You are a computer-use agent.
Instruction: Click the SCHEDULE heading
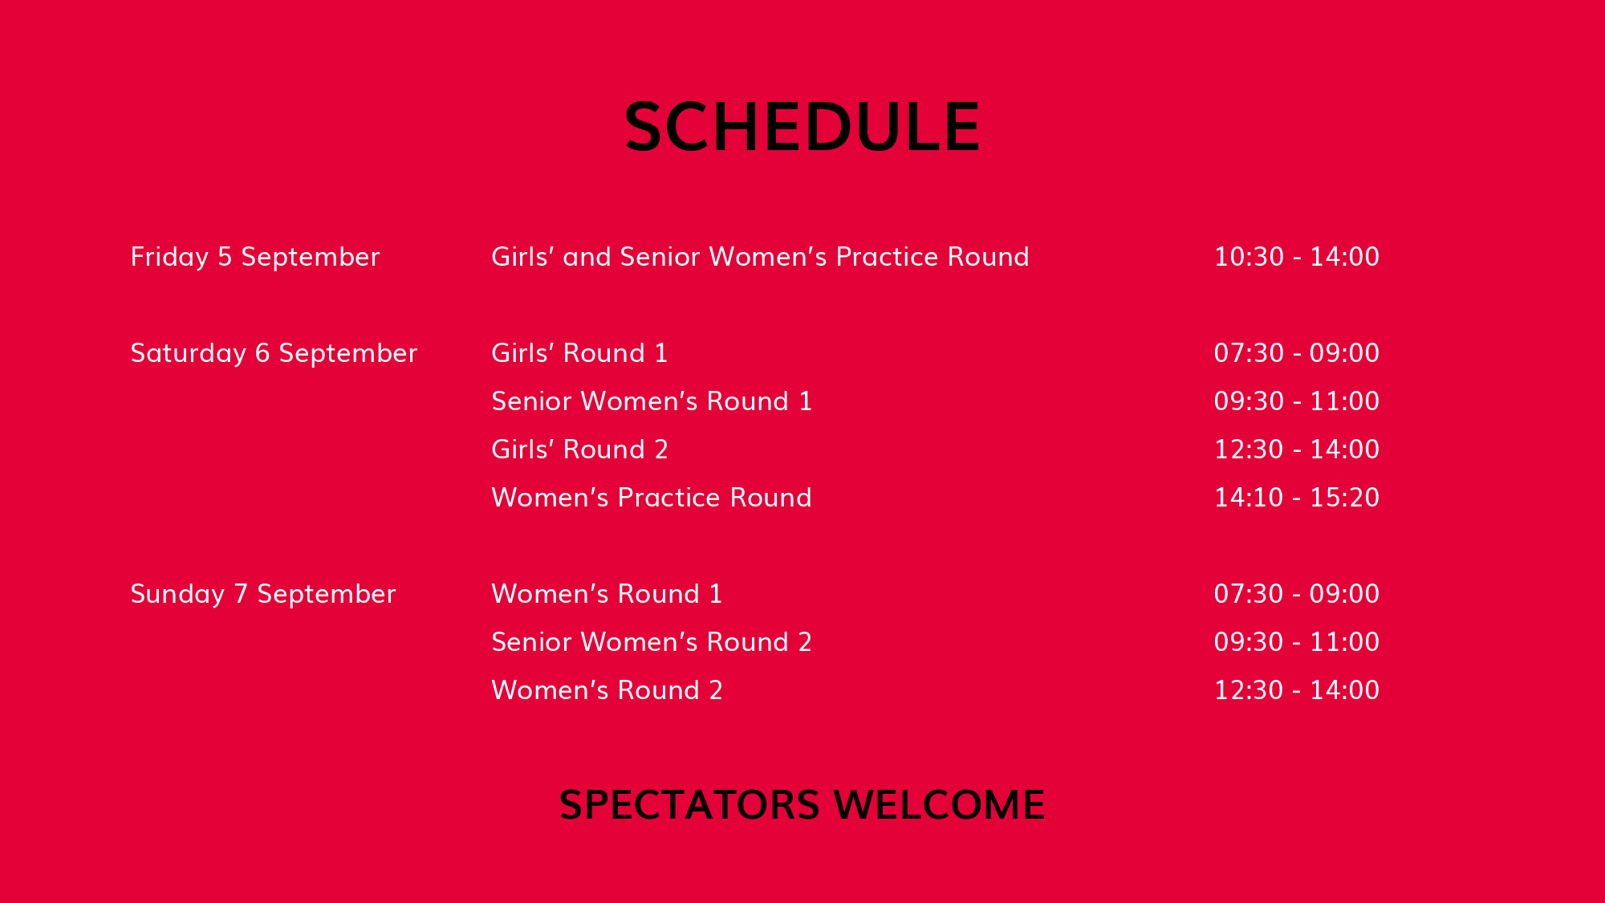coord(802,127)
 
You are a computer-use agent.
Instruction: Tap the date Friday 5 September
coord(255,257)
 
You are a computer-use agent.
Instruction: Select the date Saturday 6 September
coord(274,353)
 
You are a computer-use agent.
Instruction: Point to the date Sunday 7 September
coord(263,594)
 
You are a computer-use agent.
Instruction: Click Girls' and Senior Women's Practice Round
coord(760,257)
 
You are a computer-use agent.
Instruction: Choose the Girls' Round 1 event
coord(579,353)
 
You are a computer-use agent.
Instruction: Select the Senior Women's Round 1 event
coord(652,401)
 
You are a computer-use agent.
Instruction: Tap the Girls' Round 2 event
coord(579,449)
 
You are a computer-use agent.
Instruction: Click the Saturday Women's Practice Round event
coord(652,498)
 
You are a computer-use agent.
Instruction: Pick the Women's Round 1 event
coord(607,594)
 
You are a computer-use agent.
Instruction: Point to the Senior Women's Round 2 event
coord(652,642)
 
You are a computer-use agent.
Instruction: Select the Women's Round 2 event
coord(607,690)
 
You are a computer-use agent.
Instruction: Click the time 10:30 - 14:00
coord(1297,257)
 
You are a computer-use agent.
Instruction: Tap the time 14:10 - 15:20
coord(1297,498)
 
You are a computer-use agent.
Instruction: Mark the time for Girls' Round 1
coord(1297,353)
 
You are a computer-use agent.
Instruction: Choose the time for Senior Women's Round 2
coord(1297,642)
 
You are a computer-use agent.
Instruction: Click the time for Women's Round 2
coord(1297,690)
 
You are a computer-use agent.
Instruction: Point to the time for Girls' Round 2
coord(1297,449)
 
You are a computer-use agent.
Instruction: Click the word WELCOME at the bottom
coord(939,805)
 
